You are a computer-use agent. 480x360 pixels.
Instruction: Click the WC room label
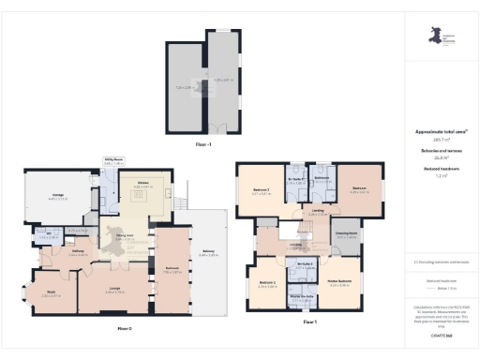(x=44, y=234)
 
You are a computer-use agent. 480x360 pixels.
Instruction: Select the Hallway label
(x=79, y=250)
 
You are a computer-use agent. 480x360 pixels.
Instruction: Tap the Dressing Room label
(x=344, y=233)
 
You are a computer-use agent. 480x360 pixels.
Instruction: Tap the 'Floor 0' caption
(x=124, y=329)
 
